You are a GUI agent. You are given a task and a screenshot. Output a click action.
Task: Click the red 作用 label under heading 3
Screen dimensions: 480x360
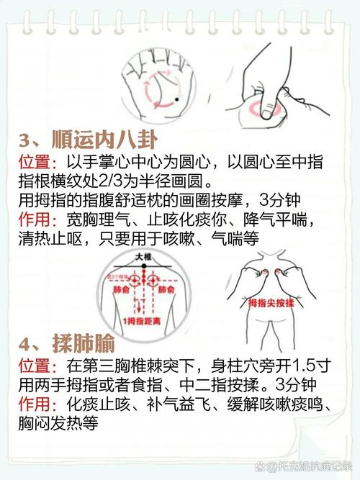(34, 217)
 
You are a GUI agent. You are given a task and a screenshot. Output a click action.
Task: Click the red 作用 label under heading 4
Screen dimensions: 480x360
(34, 404)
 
